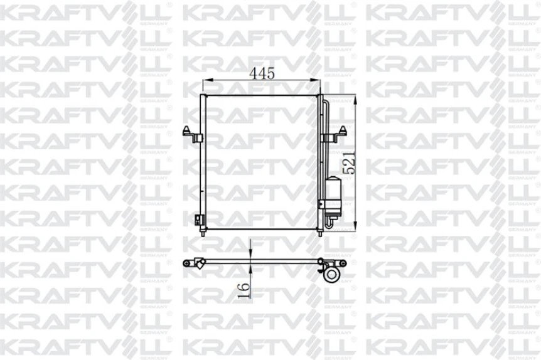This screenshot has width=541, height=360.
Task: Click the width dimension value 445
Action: tap(262, 73)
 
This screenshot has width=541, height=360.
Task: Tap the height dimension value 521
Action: tap(350, 162)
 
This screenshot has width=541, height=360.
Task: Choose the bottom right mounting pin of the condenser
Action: tap(320, 233)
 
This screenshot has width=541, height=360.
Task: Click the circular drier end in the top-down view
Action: tap(331, 274)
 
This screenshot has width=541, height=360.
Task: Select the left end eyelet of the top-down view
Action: tap(186, 262)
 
